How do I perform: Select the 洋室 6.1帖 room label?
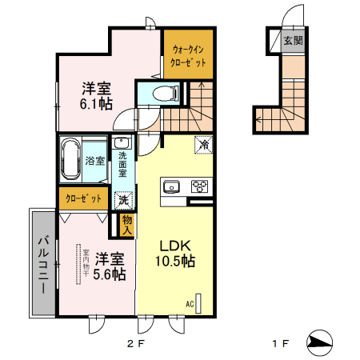click(x=95, y=96)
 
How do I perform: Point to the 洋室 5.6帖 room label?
click(x=110, y=266)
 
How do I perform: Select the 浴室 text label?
click(x=95, y=161)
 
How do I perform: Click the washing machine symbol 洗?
click(x=124, y=201)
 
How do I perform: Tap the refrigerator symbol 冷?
click(x=204, y=145)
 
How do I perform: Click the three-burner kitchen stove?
click(x=198, y=188)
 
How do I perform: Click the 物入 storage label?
click(x=126, y=225)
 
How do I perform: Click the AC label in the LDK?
click(x=190, y=303)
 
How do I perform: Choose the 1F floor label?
click(x=278, y=345)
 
